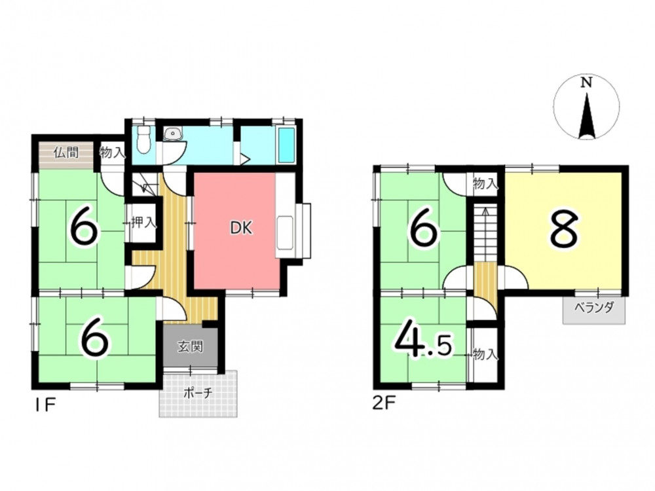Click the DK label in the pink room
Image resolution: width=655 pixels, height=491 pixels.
click(242, 228)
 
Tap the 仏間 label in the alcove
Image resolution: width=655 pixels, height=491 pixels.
click(66, 153)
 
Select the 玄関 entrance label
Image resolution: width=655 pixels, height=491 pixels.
click(191, 346)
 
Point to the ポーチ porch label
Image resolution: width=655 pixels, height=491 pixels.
click(198, 393)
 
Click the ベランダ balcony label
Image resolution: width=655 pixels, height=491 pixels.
click(593, 308)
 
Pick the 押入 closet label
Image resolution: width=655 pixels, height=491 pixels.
click(143, 223)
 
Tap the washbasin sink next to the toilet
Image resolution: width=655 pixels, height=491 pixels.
click(172, 134)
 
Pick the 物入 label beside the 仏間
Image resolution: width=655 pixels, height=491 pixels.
click(112, 153)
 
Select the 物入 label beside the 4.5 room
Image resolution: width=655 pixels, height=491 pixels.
click(485, 355)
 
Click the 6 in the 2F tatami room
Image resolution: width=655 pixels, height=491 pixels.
click(423, 228)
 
